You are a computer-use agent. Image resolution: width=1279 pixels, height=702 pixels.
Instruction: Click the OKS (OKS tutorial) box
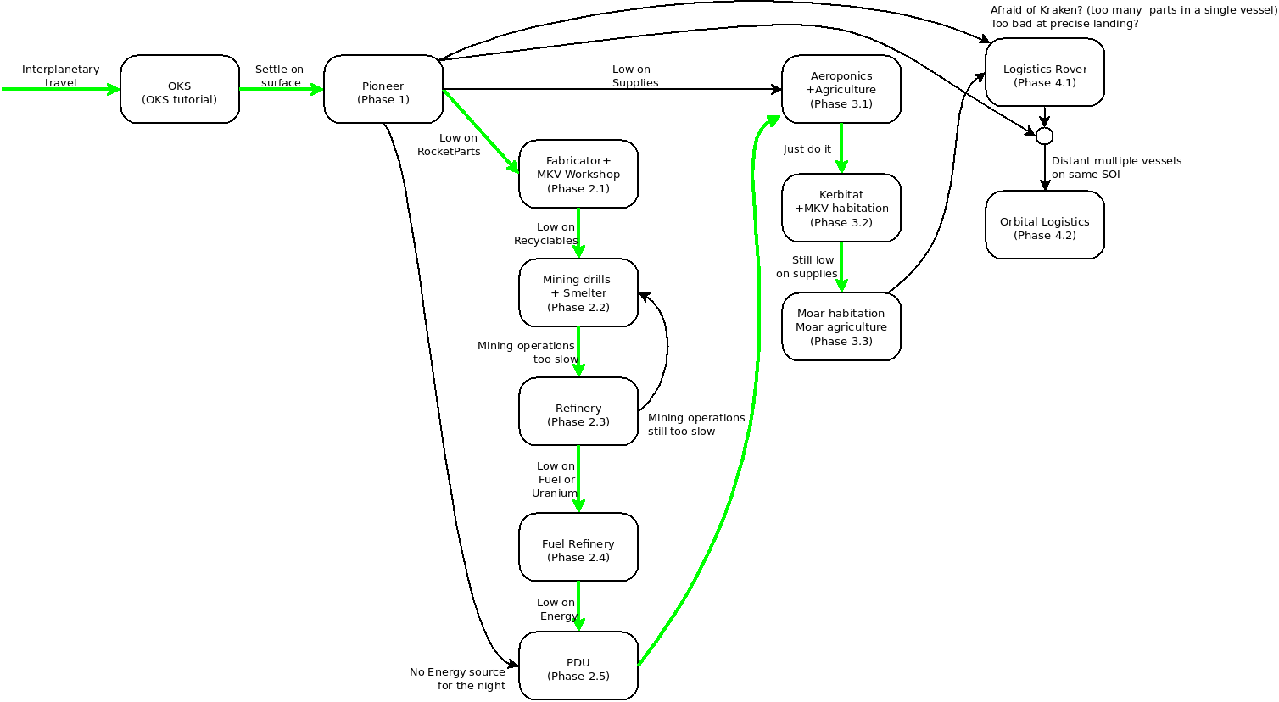pyautogui.click(x=179, y=89)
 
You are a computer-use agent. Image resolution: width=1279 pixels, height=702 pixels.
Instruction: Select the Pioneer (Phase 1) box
pyautogui.click(x=383, y=89)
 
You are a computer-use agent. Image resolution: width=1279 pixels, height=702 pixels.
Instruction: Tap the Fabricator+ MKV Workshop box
pyautogui.click(x=578, y=174)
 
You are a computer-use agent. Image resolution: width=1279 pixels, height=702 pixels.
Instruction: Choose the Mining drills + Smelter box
pyautogui.click(x=578, y=292)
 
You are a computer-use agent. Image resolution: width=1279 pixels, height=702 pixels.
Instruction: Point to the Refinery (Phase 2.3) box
pyautogui.click(x=578, y=411)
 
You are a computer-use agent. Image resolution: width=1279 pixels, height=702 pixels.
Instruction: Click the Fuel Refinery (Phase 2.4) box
pyautogui.click(x=578, y=547)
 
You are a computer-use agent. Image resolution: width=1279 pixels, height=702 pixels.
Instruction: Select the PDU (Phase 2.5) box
pyautogui.click(x=578, y=666)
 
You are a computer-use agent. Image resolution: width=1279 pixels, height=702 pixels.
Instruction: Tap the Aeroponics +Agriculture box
pyautogui.click(x=841, y=89)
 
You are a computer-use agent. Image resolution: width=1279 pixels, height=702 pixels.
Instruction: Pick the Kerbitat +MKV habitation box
pyautogui.click(x=841, y=208)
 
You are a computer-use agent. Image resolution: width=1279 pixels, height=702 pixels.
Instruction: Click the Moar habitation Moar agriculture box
pyautogui.click(x=841, y=326)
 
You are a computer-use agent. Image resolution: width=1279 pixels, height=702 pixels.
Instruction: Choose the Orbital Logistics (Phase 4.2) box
pyautogui.click(x=1044, y=225)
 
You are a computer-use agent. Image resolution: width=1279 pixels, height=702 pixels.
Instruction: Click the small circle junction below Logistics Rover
pyautogui.click(x=1044, y=136)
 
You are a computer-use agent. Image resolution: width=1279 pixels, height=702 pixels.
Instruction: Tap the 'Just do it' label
pyautogui.click(x=807, y=149)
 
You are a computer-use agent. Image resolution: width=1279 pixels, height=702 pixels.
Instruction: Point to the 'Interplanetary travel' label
pyautogui.click(x=60, y=75)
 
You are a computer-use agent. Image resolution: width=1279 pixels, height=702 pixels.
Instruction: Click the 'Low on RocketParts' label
pyautogui.click(x=449, y=145)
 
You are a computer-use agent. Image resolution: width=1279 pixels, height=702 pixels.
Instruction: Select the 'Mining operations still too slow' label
pyautogui.click(x=695, y=425)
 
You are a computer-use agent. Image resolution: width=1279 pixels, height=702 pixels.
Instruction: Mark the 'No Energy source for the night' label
pyautogui.click(x=458, y=678)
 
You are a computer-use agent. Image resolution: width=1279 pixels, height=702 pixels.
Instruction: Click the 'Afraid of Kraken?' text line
pyautogui.click(x=1133, y=10)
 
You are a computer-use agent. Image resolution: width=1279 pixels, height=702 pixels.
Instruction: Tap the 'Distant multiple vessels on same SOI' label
pyautogui.click(x=1115, y=167)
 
